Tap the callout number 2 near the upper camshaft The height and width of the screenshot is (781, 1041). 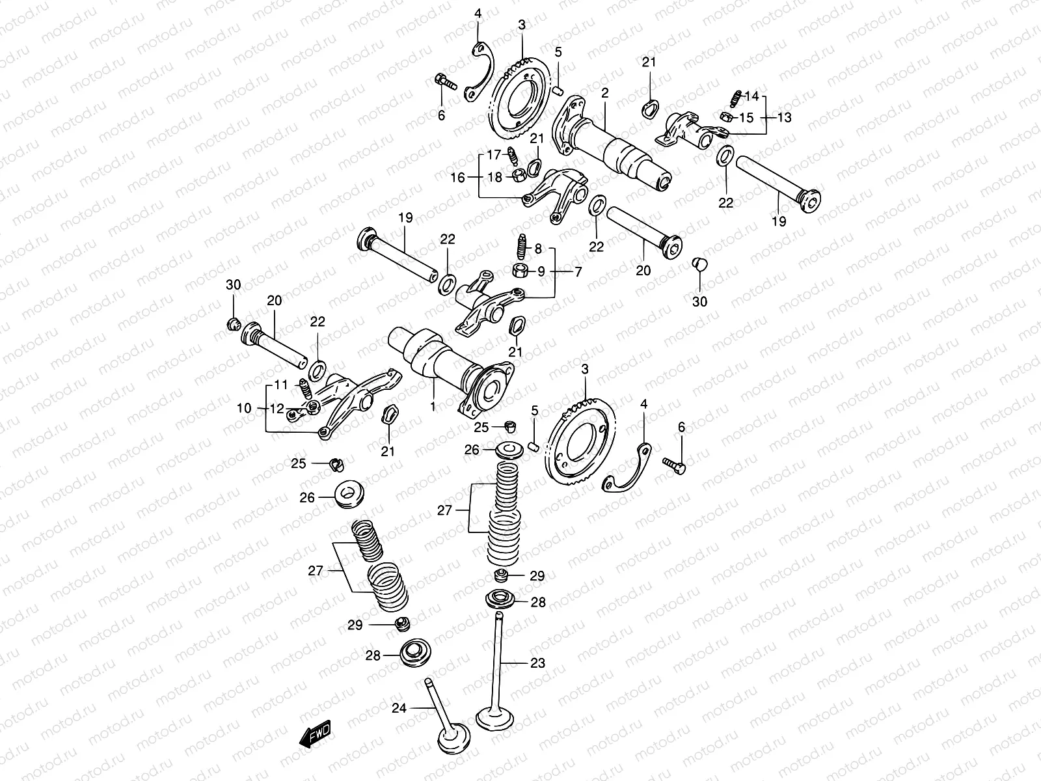click(x=604, y=93)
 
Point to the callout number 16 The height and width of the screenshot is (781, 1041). click(x=458, y=177)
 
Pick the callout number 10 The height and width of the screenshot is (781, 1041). click(x=244, y=409)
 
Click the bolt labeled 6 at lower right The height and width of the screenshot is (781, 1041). click(x=674, y=464)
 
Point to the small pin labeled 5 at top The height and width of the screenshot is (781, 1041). click(x=558, y=90)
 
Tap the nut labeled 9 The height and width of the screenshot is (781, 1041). click(x=520, y=270)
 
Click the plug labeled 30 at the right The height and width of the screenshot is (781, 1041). click(x=699, y=264)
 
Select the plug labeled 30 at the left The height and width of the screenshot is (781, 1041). click(x=234, y=324)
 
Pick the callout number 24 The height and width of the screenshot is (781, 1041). click(x=399, y=707)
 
